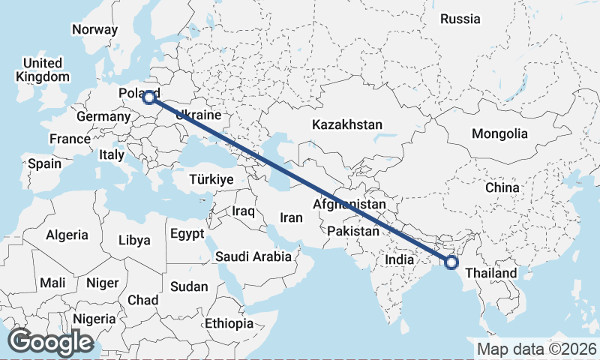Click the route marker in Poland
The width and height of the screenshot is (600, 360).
[149, 97]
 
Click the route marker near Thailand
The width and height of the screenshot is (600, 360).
[451, 262]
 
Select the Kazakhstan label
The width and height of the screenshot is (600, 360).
[348, 124]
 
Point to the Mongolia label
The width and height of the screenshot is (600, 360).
[499, 134]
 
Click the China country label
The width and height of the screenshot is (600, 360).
[502, 187]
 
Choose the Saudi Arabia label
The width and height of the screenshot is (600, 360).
[253, 256]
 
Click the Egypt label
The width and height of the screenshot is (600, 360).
[187, 233]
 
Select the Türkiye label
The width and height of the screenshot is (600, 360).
[211, 180]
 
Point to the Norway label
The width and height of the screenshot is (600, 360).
[94, 30]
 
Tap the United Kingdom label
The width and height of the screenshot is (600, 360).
[42, 69]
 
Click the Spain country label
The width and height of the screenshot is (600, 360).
[44, 163]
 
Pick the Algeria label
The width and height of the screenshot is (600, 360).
[67, 235]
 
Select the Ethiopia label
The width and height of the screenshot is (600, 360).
[229, 323]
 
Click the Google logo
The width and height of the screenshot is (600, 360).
[51, 342]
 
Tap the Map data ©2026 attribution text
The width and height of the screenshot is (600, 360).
[537, 349]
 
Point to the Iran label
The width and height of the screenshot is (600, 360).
[291, 217]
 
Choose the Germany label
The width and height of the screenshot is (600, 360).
[103, 118]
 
